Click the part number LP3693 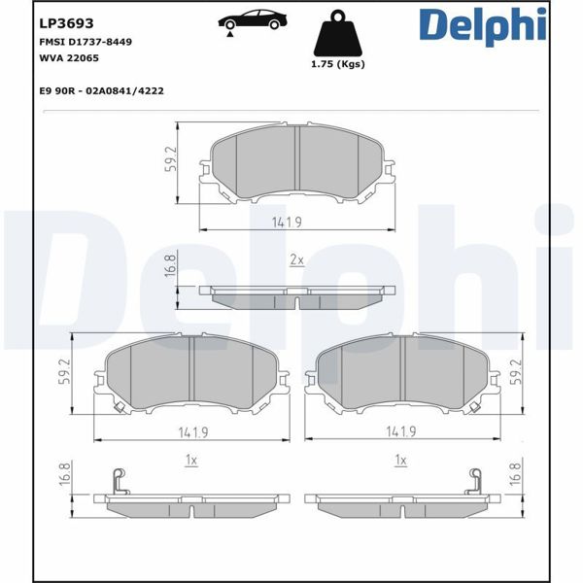click(60, 22)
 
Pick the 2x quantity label click(297, 260)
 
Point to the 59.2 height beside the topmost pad click(170, 159)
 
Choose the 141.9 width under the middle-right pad click(400, 432)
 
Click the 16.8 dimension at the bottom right click(516, 474)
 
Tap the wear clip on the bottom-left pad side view click(118, 480)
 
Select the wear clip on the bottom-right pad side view click(476, 480)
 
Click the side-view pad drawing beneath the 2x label click(297, 295)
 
